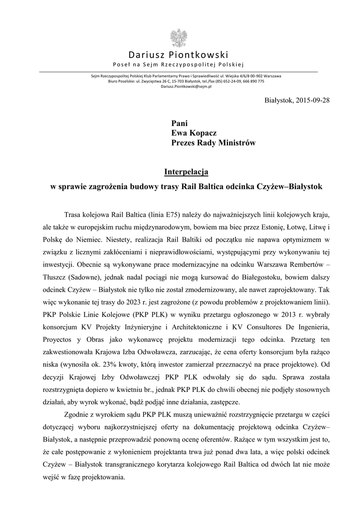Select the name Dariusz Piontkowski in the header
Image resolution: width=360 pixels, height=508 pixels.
click(x=178, y=55)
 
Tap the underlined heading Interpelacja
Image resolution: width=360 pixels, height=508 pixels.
click(x=186, y=172)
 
